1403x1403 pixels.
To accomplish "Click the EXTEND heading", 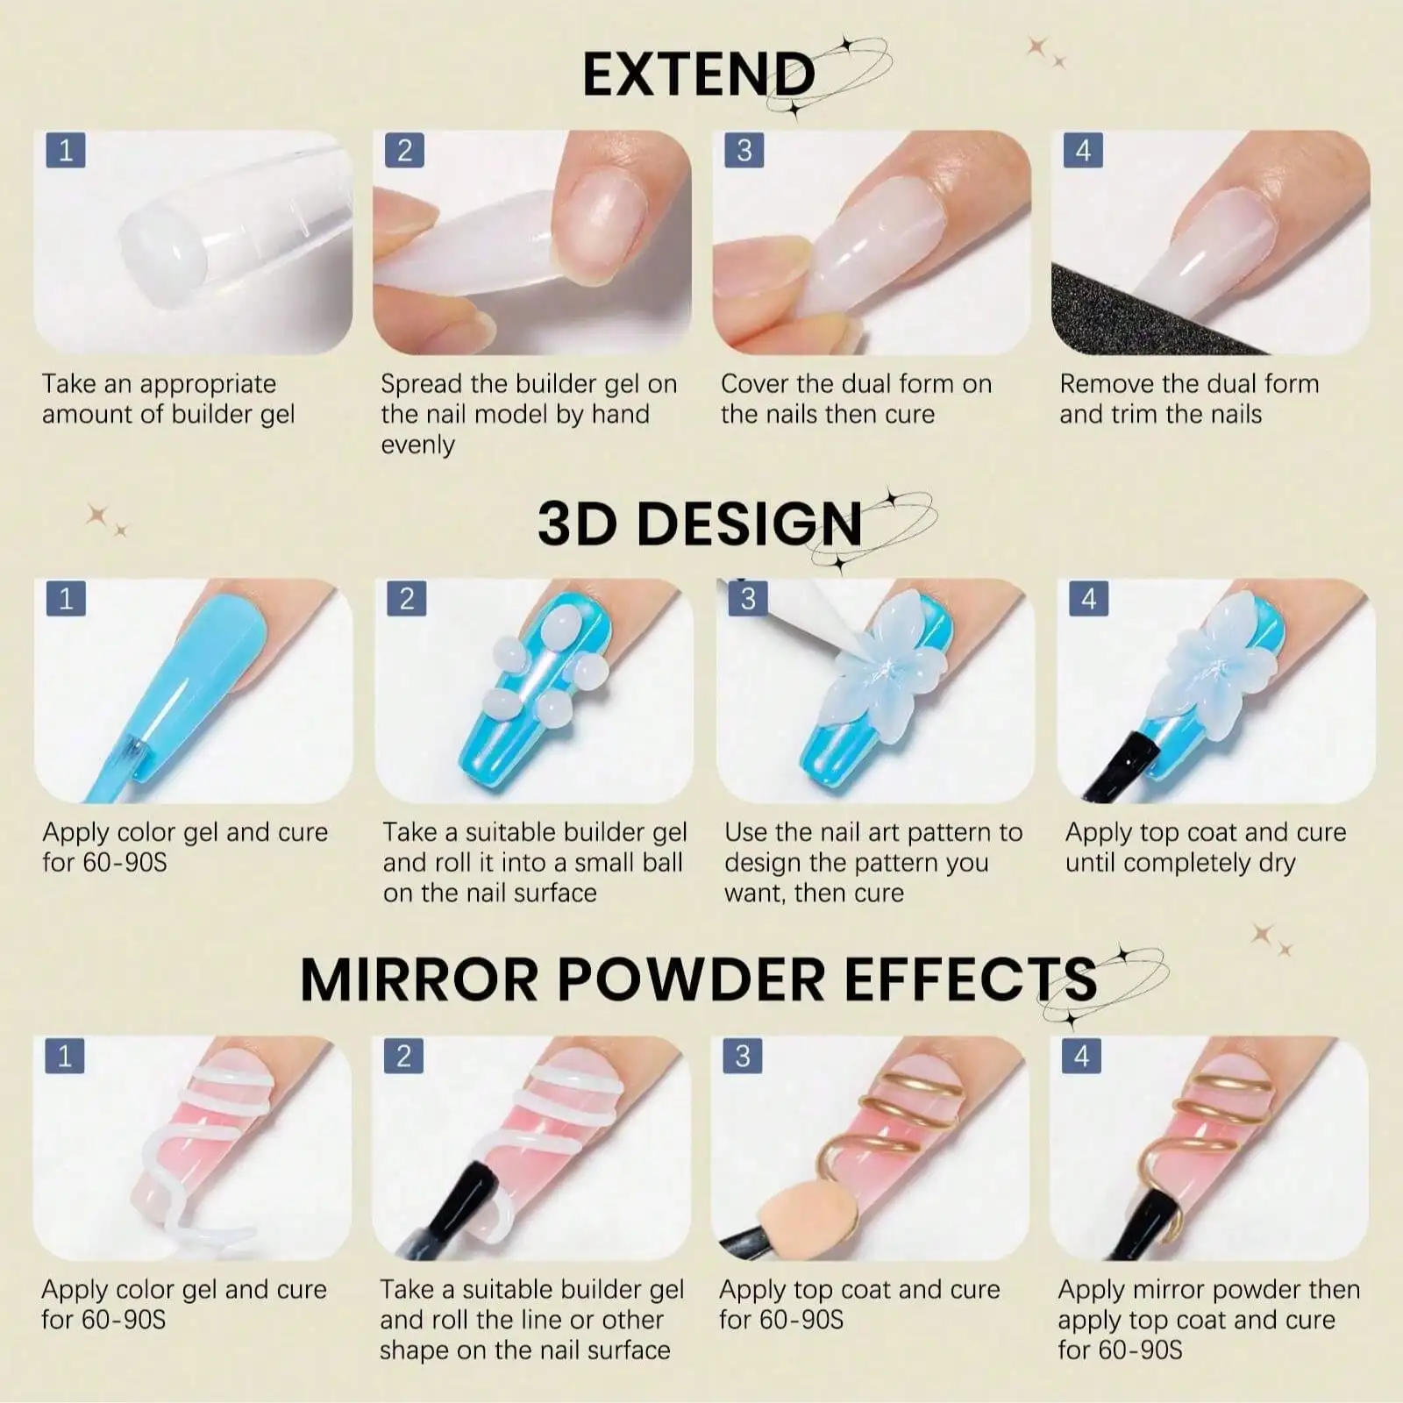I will (x=698, y=75).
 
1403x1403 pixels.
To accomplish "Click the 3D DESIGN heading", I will (x=699, y=523).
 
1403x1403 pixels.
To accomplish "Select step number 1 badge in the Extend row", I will (x=65, y=150).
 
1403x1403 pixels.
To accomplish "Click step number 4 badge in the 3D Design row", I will (x=1088, y=599).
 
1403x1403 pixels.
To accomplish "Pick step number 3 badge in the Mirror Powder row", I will (x=743, y=1056).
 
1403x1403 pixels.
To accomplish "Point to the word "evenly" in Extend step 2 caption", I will (x=417, y=445).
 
